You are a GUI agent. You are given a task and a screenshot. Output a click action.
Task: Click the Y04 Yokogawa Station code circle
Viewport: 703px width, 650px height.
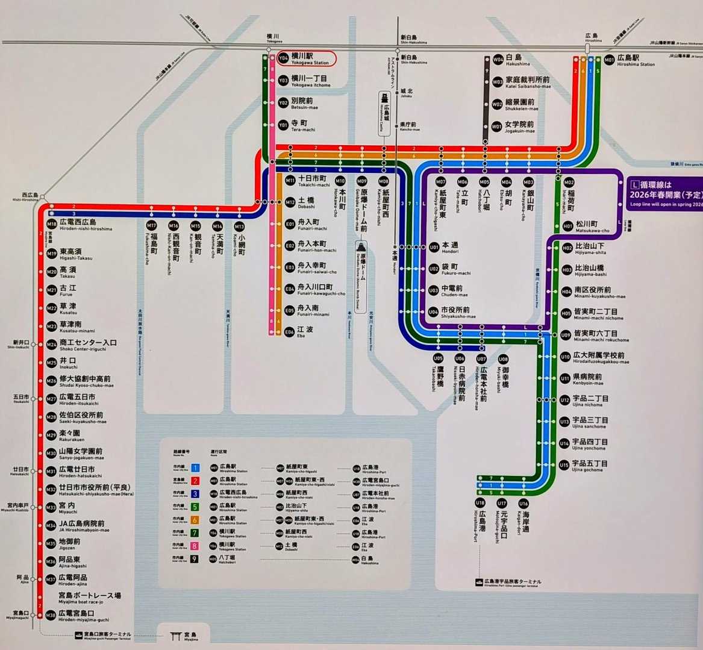coord(283,58)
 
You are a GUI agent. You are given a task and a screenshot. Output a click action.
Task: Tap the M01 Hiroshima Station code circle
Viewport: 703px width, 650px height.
coord(610,60)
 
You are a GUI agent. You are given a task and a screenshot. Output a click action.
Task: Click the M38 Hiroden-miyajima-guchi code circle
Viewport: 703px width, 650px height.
coord(51,615)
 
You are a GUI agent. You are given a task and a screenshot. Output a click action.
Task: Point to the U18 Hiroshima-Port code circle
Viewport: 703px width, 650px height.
coord(480,503)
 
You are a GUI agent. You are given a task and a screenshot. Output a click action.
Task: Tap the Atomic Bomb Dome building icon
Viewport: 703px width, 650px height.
coord(361,248)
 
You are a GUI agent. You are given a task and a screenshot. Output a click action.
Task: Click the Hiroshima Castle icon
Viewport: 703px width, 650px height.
coord(384,98)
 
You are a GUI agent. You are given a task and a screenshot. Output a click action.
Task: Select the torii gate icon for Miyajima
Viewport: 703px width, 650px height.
coord(176,636)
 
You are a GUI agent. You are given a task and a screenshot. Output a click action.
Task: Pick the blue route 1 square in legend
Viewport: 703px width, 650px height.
coord(195,467)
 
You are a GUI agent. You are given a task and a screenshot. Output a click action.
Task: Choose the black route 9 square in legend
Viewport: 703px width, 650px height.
coord(195,558)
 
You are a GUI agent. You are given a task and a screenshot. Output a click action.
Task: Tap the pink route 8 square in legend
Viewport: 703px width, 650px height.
coord(195,546)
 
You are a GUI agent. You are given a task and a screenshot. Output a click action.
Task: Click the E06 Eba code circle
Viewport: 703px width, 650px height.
coord(290,332)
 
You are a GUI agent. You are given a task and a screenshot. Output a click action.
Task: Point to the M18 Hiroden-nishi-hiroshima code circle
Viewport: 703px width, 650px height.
coord(51,225)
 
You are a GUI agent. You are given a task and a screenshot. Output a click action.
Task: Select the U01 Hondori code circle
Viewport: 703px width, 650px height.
coord(434,247)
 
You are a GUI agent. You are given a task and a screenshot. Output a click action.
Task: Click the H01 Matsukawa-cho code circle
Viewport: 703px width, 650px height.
coord(567,226)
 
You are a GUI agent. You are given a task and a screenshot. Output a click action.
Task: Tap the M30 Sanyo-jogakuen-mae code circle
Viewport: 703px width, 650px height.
coord(51,453)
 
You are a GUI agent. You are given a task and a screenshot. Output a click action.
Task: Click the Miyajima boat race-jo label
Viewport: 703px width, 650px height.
coord(89,598)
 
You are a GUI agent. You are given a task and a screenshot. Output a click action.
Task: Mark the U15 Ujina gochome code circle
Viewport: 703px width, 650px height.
coord(564,465)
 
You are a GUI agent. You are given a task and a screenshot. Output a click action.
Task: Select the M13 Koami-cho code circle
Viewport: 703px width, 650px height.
coord(239,227)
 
